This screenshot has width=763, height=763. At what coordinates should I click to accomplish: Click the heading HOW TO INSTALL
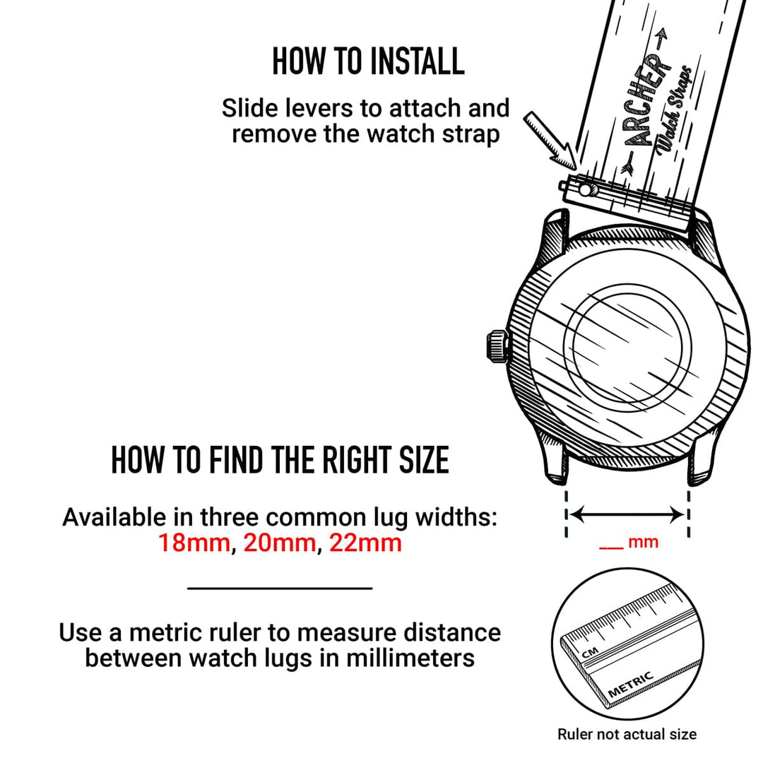[368, 61]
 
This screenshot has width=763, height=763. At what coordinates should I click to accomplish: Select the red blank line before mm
[610, 546]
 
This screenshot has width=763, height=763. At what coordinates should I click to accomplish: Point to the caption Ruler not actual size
[627, 734]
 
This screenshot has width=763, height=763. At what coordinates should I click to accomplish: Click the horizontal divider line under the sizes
[280, 587]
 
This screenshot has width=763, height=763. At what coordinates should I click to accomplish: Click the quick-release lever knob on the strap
[586, 190]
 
